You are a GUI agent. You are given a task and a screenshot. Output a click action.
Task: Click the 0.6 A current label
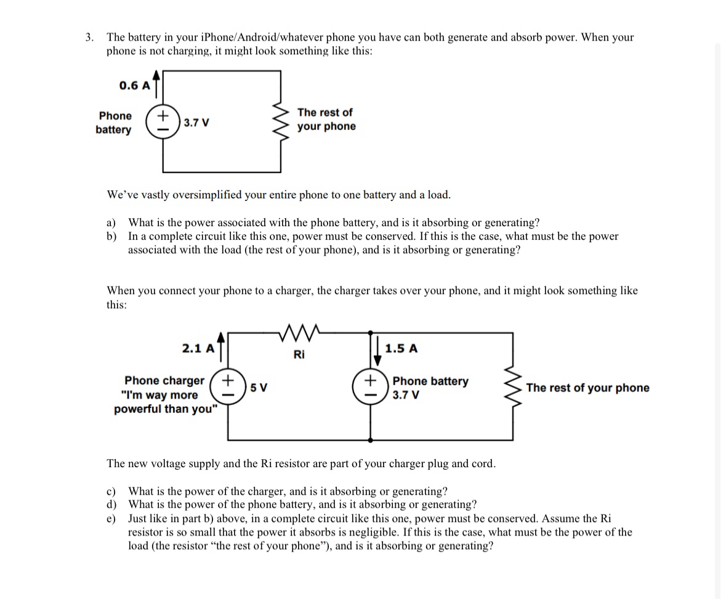click(x=134, y=86)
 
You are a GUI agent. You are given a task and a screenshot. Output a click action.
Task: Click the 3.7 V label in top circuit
click(x=196, y=123)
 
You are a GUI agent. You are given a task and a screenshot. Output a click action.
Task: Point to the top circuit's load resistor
click(x=281, y=121)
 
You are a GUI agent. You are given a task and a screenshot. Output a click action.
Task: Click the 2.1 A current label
click(x=198, y=348)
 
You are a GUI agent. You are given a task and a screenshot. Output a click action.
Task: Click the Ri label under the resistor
click(x=299, y=354)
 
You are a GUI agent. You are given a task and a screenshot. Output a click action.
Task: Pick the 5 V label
click(x=259, y=388)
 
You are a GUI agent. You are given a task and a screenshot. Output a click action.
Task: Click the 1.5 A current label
click(x=401, y=348)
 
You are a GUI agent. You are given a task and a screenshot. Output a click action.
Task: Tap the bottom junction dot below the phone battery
click(x=371, y=440)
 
